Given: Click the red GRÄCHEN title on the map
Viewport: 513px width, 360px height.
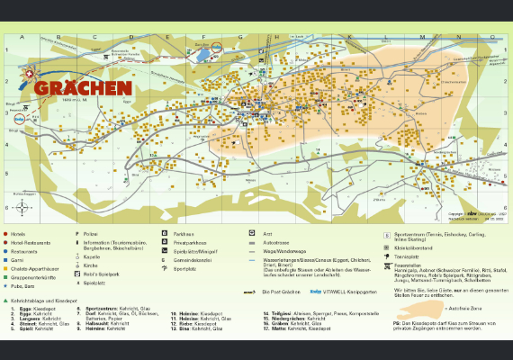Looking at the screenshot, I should click(83, 88).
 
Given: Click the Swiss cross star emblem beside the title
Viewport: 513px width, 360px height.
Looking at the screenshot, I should click(30, 76).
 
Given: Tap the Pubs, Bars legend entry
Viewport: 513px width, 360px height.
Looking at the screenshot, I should click(26, 283).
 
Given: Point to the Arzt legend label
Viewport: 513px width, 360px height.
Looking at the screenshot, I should click(267, 233).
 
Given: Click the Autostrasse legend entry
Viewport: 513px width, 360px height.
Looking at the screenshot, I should click(274, 242).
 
